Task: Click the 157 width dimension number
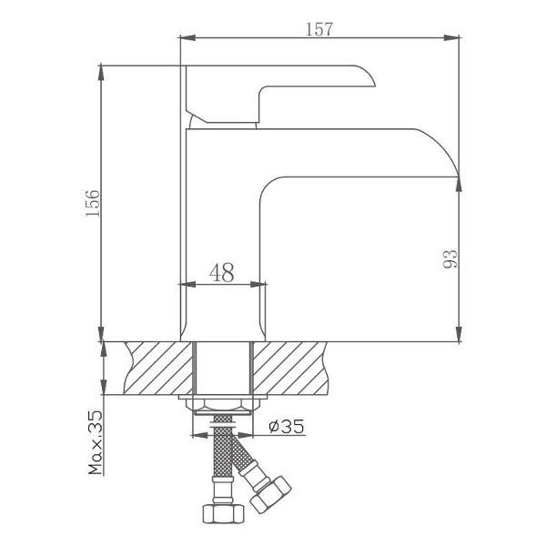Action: (x=319, y=29)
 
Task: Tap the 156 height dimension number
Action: (x=93, y=204)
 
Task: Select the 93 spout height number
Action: (x=450, y=258)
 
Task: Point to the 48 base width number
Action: (x=222, y=272)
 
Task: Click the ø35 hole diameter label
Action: (x=287, y=426)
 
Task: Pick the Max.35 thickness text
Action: (x=96, y=442)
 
